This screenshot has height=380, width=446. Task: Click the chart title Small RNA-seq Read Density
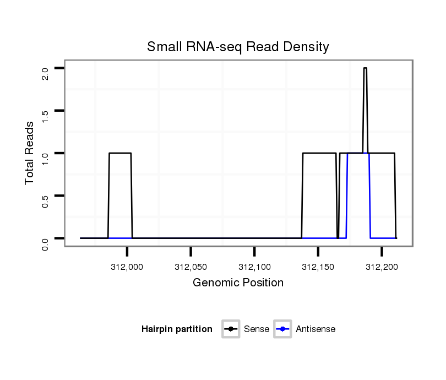(238, 47)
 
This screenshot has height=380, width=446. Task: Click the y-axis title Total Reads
(31, 153)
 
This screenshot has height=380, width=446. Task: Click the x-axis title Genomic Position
(238, 283)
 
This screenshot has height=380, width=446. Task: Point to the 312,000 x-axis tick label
(127, 267)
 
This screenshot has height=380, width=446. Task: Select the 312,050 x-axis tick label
(191, 267)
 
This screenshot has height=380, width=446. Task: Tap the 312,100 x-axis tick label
(254, 267)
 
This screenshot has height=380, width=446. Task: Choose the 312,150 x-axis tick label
(318, 267)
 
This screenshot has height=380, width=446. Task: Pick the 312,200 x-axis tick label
(382, 267)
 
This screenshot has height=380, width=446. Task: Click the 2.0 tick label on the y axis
(45, 73)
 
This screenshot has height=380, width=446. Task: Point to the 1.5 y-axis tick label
(45, 116)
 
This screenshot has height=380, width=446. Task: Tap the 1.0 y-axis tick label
(45, 158)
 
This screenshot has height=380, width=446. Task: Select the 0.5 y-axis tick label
(45, 200)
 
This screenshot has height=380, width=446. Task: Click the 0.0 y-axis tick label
(45, 243)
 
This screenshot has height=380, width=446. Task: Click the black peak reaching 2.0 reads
(365, 68)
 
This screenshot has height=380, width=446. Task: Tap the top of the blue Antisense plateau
(358, 153)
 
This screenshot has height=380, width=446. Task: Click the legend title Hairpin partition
(177, 329)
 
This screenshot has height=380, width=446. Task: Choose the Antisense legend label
(316, 329)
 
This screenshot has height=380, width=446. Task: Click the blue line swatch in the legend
(282, 329)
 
